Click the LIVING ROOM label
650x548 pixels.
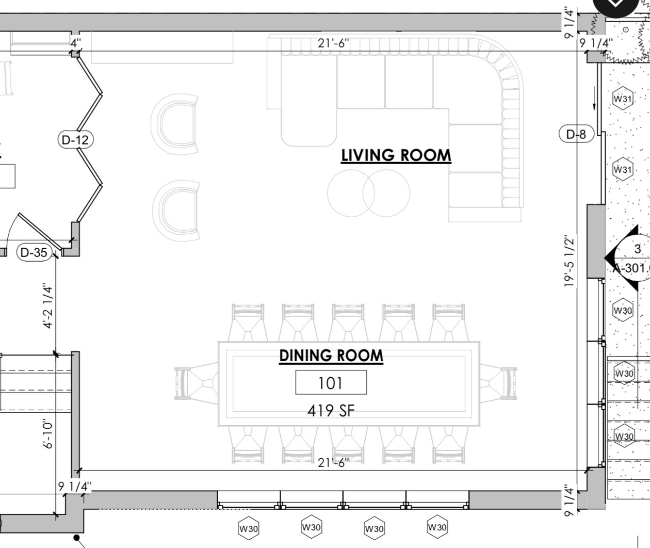click(x=396, y=155)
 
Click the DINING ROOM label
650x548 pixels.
click(x=331, y=356)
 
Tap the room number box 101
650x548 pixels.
click(x=331, y=382)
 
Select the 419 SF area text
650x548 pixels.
click(x=331, y=411)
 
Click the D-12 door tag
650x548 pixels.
click(x=76, y=140)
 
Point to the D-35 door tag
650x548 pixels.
click(x=34, y=252)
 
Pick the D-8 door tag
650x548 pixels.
click(x=576, y=134)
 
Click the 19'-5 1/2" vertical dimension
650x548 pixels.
click(x=568, y=262)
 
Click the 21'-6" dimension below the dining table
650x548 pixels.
click(x=333, y=463)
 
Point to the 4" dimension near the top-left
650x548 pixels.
click(x=76, y=43)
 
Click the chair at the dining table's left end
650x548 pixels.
click(x=197, y=383)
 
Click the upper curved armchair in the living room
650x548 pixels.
click(x=175, y=124)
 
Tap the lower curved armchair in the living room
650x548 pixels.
click(x=176, y=211)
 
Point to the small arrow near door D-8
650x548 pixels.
click(x=594, y=98)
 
